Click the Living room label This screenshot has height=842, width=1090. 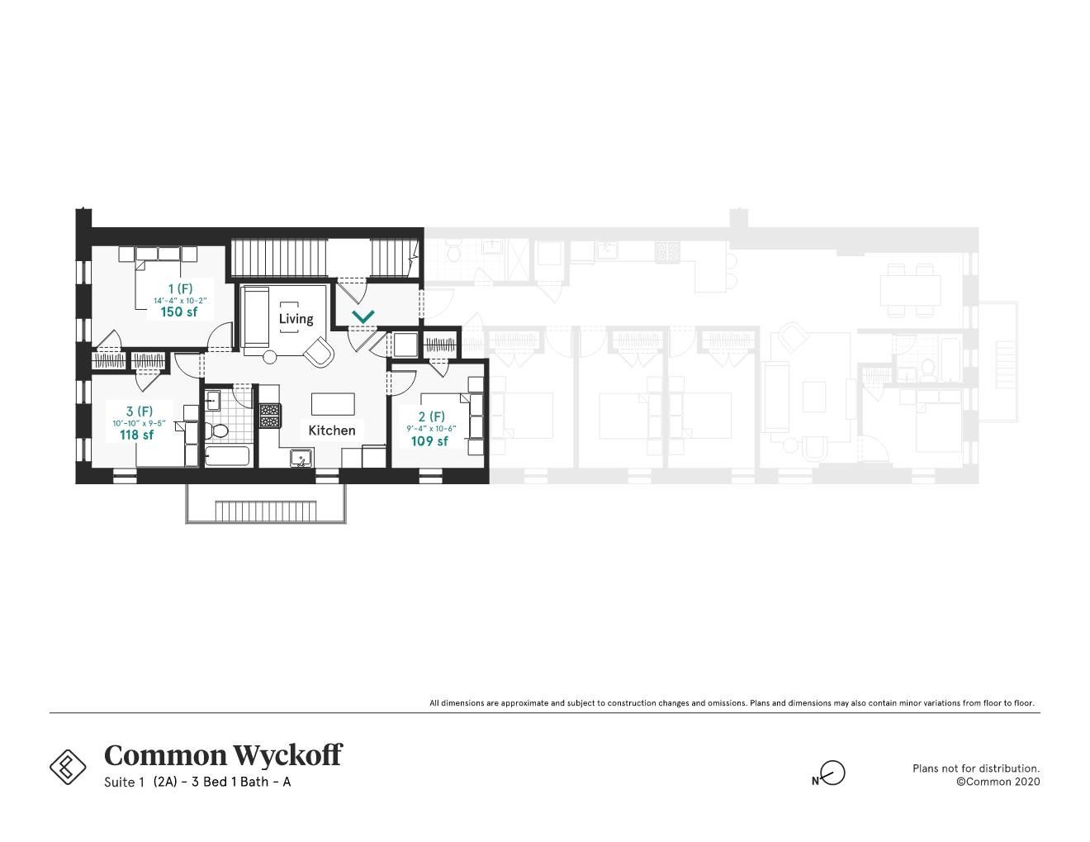296,319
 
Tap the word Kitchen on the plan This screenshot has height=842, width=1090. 332,431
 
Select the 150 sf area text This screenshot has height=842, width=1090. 179,312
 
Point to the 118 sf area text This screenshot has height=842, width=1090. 137,435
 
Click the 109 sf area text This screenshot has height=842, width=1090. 429,441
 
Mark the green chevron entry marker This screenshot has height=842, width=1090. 363,316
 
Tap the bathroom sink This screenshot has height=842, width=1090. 213,402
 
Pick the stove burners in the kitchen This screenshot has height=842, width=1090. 270,415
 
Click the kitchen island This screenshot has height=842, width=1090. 334,404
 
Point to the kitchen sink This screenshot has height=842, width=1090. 301,458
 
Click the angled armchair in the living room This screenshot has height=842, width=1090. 320,352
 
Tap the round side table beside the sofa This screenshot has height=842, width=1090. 270,358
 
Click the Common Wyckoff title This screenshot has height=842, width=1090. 223,755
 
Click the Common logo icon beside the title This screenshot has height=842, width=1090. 68,767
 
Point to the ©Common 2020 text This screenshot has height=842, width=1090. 998,782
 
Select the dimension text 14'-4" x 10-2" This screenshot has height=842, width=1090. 180,300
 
